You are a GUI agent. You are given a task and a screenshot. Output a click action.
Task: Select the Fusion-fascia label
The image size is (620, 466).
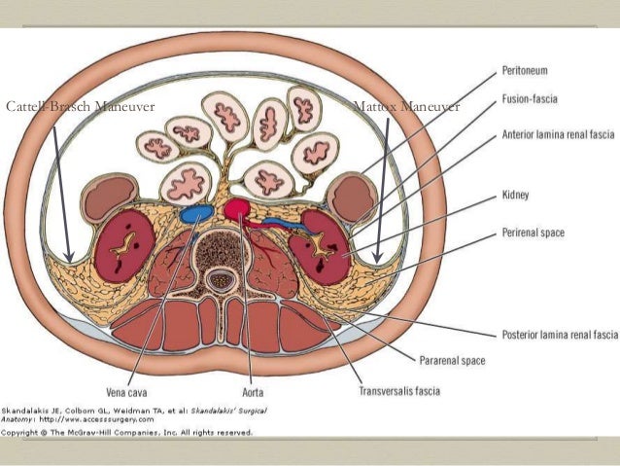535,100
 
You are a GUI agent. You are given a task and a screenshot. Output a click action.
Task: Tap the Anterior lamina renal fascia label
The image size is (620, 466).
559,135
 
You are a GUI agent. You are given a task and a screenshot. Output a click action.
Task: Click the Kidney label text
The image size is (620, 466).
516,196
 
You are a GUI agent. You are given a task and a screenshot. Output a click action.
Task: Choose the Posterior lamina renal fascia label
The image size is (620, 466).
560,334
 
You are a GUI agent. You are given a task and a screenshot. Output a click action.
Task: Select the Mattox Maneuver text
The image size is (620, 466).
406,106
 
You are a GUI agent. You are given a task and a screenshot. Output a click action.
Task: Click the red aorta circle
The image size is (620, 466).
236,208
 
